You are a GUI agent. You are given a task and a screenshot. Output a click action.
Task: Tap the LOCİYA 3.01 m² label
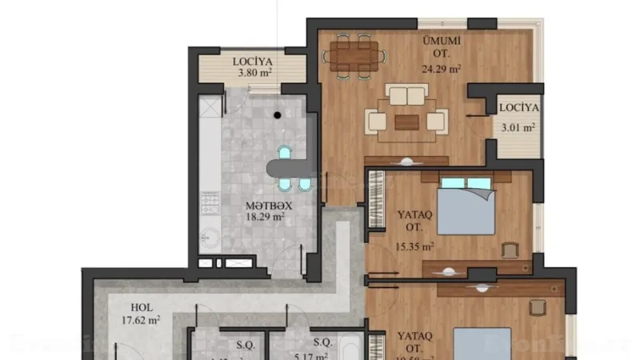coord(518,117)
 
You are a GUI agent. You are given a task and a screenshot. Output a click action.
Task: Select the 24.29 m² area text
coord(441,69)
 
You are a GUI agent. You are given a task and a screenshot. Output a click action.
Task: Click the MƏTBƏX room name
coord(266,205)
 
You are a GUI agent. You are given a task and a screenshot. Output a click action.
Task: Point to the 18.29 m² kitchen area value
coord(266,217)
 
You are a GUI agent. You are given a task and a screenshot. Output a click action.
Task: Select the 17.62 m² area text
coord(143,320)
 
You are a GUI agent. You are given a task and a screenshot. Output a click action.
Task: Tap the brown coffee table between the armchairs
coord(406,122)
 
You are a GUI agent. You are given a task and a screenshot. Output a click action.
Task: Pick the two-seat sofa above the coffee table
coord(406,96)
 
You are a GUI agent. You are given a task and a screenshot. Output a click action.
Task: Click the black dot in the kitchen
coord(277,115)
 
